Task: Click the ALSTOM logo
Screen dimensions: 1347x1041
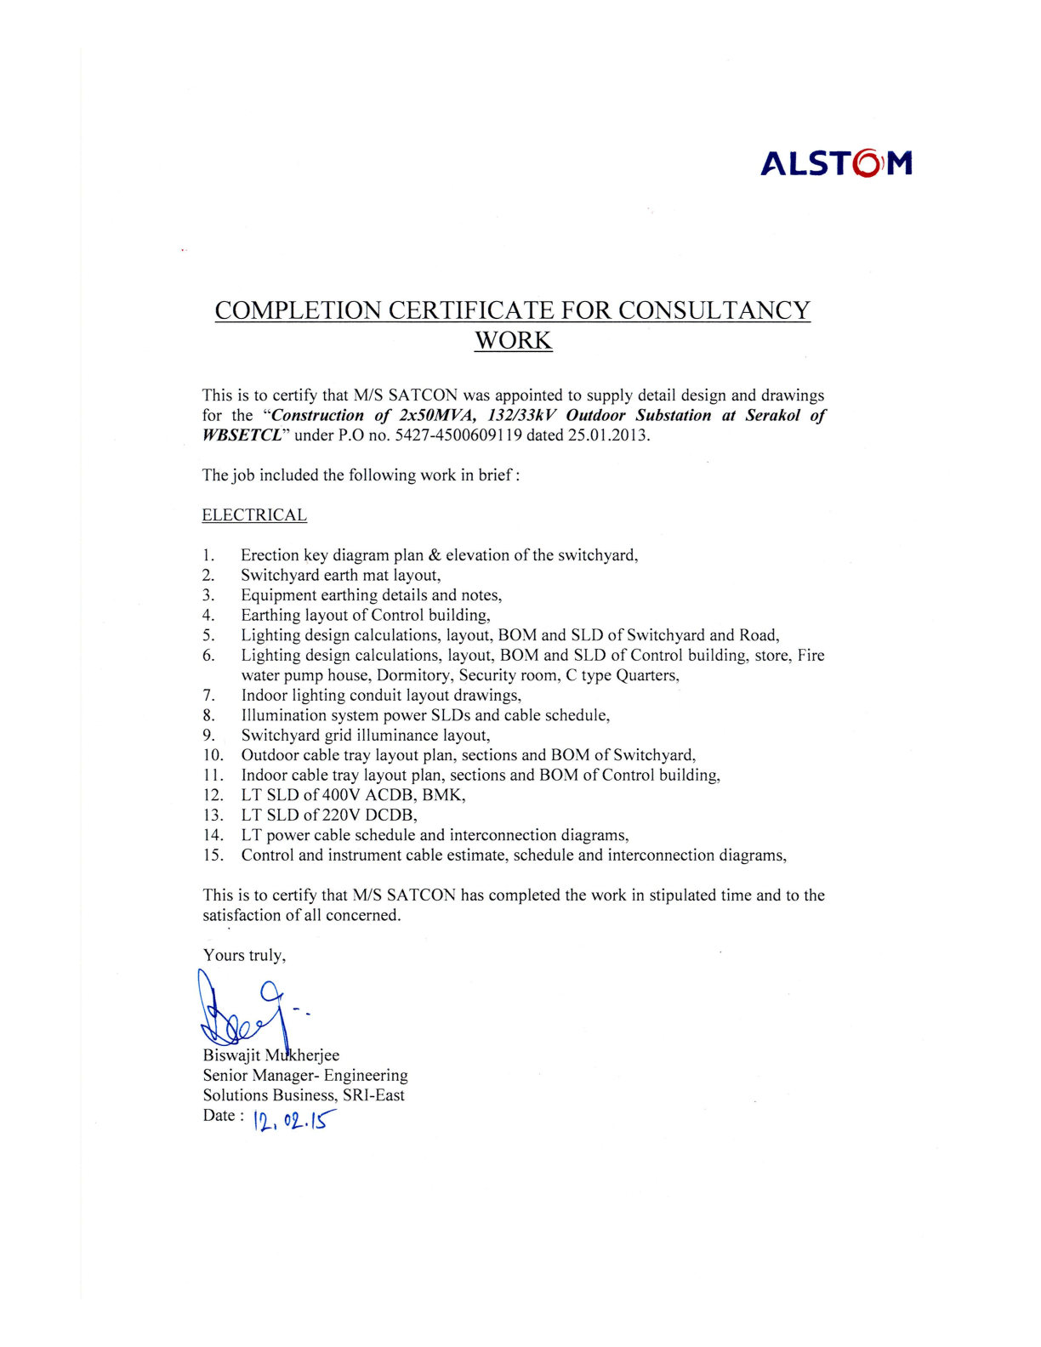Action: (836, 162)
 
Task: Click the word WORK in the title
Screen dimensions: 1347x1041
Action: (513, 340)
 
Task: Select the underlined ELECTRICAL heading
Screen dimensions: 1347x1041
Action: (254, 515)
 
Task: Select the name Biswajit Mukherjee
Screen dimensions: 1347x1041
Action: (271, 1055)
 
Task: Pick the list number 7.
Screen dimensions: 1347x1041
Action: (208, 696)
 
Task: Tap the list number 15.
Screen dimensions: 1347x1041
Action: (213, 855)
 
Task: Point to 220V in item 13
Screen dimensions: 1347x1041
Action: (342, 816)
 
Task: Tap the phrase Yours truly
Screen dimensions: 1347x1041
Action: (245, 956)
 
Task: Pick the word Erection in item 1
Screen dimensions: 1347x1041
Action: (270, 556)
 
